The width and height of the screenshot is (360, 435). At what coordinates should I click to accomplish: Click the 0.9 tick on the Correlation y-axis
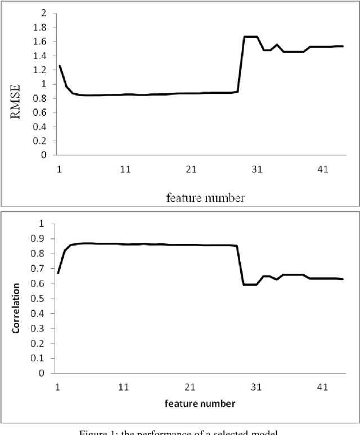40,239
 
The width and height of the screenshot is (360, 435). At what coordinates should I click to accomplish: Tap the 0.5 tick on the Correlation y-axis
40,298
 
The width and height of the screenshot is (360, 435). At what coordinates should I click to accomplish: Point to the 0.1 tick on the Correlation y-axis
40,358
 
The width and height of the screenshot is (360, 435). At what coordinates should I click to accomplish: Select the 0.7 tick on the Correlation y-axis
40,269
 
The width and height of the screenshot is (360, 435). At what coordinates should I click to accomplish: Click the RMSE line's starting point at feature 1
60,66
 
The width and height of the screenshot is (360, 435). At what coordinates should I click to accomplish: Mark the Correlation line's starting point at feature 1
58,273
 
